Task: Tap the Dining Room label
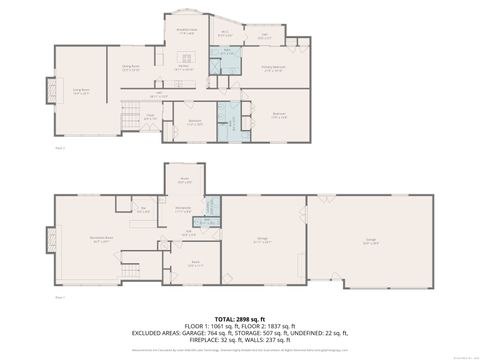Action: point(130,68)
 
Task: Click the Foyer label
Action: point(149,117)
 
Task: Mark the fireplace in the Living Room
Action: point(44,91)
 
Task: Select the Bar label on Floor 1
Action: point(144,209)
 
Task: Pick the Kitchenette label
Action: point(183,210)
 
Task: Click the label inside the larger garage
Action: point(371,241)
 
